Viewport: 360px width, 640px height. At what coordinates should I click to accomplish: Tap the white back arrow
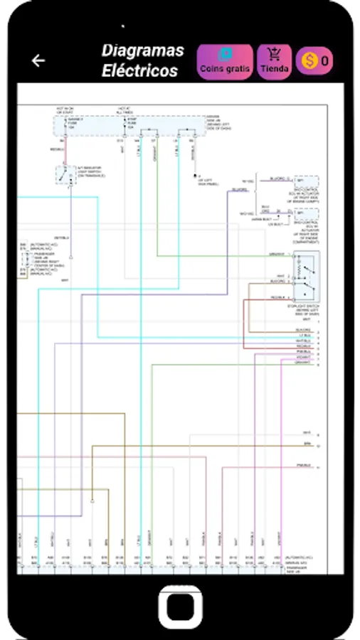(38, 61)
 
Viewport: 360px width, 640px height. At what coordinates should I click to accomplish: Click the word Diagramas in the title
(142, 50)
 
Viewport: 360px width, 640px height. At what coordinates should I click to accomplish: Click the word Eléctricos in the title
(139, 71)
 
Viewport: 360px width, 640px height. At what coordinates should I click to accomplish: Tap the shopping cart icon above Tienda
(274, 54)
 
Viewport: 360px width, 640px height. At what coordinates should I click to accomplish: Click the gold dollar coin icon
(309, 62)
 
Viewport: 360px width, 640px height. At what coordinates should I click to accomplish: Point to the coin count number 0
(324, 62)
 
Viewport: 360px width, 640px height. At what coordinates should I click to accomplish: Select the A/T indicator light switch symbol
(65, 174)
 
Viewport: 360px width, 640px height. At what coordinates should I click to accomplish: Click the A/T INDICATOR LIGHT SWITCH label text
(90, 171)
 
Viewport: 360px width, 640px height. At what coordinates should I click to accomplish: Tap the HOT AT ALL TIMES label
(125, 110)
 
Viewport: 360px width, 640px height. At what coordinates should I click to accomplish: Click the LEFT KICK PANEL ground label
(207, 183)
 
